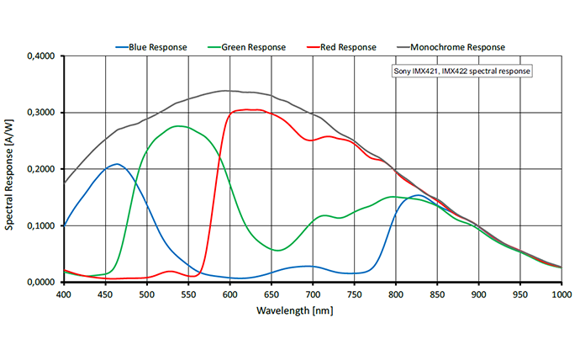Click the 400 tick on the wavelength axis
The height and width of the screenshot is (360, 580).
[64, 294]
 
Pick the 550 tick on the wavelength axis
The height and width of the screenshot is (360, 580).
[188, 294]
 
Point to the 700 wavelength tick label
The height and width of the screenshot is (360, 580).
[313, 294]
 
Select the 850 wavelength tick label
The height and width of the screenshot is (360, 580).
[437, 294]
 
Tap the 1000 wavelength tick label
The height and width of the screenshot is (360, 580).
[561, 294]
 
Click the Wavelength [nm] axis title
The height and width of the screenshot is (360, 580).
[312, 310]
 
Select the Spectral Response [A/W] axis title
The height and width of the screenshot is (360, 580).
[11, 168]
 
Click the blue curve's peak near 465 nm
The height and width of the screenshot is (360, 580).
[117, 164]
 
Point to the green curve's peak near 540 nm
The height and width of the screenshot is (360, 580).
[179, 126]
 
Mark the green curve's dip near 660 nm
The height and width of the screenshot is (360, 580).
[279, 250]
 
